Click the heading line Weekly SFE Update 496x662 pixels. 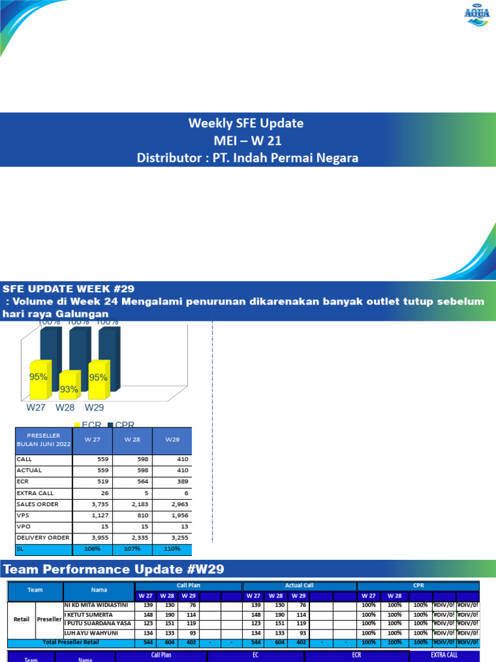tap(245, 123)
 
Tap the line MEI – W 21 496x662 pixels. tap(247, 140)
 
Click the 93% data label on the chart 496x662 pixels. tap(69, 389)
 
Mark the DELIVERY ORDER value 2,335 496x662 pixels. tap(133, 537)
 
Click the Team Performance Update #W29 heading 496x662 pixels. tap(114, 570)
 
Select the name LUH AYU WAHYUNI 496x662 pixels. tap(89, 633)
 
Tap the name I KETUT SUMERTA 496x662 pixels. tap(88, 614)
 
